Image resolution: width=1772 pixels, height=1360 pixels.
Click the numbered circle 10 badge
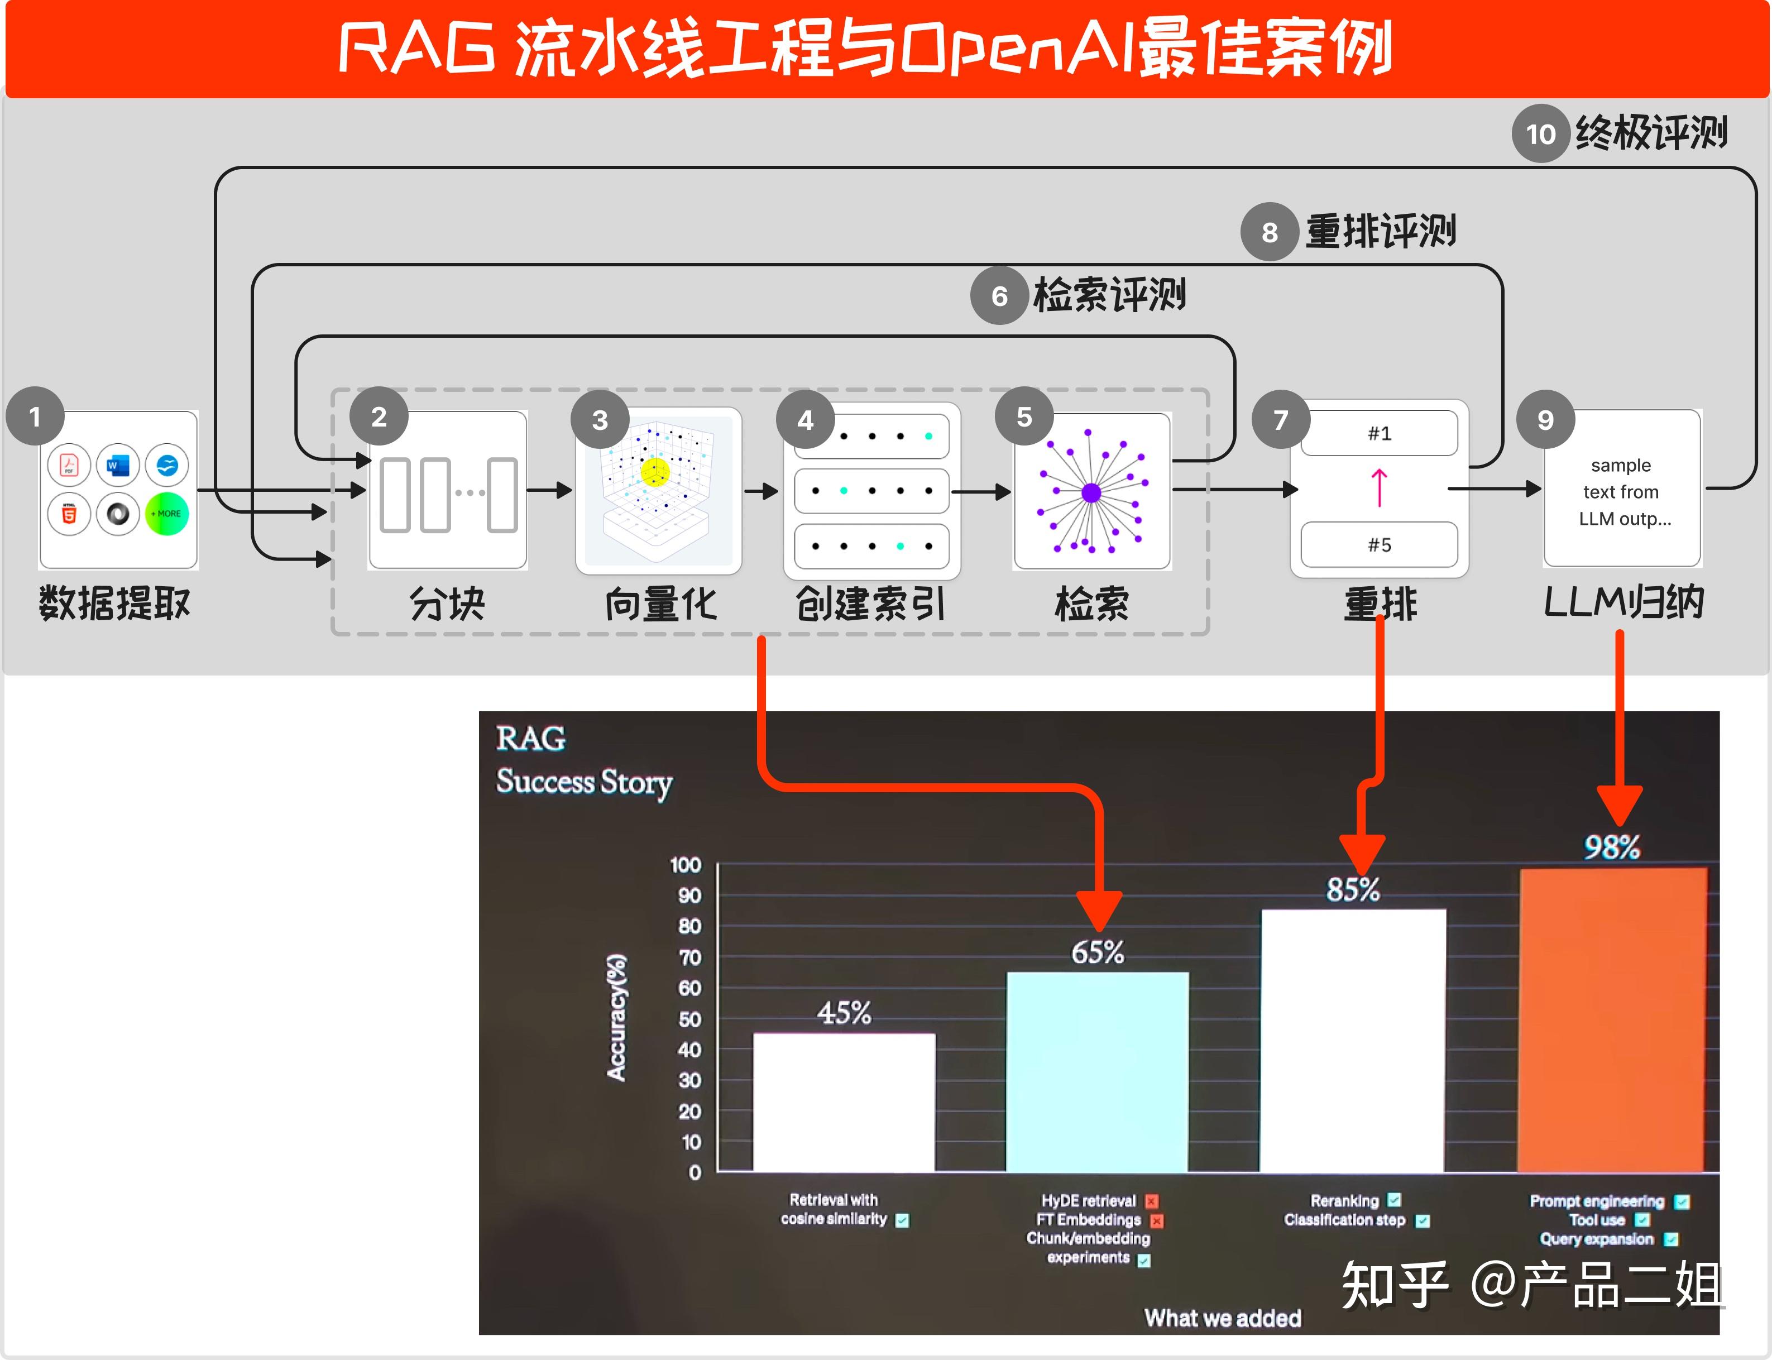click(1540, 133)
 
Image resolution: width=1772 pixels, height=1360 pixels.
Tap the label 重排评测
click(1380, 232)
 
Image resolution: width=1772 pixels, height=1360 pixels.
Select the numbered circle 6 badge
click(999, 296)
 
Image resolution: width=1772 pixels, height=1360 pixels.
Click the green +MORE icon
click(167, 513)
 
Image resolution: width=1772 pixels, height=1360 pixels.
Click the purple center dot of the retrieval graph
click(1090, 492)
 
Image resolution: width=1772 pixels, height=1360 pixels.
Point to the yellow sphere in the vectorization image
click(655, 472)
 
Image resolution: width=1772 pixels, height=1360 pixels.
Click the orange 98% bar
click(1612, 1020)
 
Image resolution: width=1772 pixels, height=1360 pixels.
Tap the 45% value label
click(844, 1013)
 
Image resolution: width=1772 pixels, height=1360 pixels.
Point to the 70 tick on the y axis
click(689, 957)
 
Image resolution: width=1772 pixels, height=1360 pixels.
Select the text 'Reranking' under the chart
click(1344, 1200)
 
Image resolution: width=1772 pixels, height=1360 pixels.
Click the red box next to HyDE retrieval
click(1152, 1201)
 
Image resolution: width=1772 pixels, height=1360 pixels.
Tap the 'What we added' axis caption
click(1222, 1318)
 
